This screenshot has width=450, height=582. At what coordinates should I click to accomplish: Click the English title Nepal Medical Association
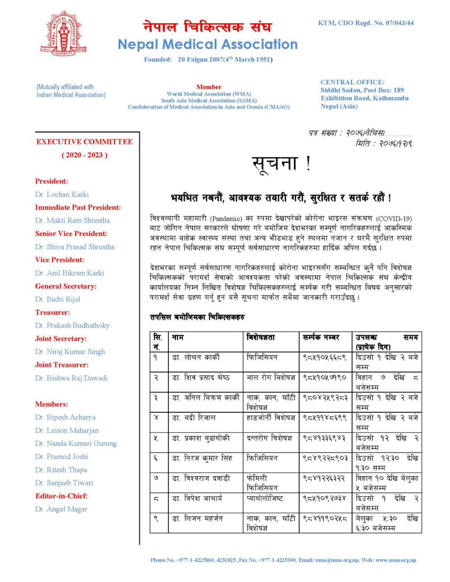[x=208, y=45]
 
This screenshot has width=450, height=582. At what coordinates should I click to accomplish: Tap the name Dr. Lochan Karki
[x=62, y=194]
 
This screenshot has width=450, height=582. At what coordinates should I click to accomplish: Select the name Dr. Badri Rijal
[x=57, y=299]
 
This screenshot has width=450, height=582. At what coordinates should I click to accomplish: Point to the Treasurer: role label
[x=52, y=312]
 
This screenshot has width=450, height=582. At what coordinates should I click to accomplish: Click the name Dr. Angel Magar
[x=61, y=509]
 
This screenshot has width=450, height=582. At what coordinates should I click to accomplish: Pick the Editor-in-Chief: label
[x=61, y=496]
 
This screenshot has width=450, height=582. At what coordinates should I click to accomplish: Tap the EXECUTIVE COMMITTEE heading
[x=84, y=142]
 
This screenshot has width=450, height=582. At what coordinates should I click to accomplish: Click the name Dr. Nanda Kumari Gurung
[x=76, y=443]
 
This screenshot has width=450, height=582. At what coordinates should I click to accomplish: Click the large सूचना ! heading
[x=281, y=165]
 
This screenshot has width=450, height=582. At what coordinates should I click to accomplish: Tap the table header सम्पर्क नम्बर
[x=321, y=337]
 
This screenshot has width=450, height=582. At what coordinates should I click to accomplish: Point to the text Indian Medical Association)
[x=71, y=95]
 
